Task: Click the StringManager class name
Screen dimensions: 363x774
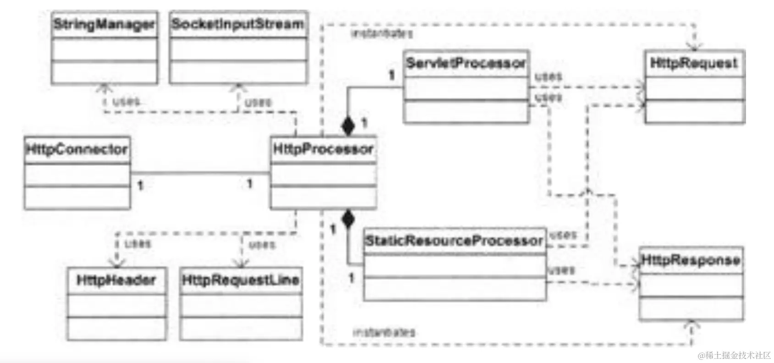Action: pos(104,24)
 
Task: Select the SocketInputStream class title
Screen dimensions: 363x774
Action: pos(238,24)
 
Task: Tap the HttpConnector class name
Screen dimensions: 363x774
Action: pos(77,149)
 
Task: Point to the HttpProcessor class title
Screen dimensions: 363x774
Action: pos(323,149)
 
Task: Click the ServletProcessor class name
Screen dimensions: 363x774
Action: pos(466,63)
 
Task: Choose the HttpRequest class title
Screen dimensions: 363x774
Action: pos(694,63)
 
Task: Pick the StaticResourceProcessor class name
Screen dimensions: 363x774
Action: pos(454,241)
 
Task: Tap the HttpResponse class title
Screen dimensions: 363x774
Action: pos(691,260)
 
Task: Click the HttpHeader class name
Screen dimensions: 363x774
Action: pos(116,280)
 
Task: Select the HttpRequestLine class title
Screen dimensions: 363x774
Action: pos(241,280)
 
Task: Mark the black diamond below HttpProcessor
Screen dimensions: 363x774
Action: pos(348,220)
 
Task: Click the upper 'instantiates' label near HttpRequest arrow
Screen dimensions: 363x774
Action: pos(382,33)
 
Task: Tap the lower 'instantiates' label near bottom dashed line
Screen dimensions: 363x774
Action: pos(384,332)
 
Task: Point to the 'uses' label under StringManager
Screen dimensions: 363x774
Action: pos(126,101)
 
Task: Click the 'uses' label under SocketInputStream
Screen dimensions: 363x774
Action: pos(258,102)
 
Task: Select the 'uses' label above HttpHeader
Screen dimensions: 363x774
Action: pos(138,243)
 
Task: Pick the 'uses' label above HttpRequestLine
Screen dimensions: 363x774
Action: pos(262,244)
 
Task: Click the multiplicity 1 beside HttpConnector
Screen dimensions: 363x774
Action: pos(141,185)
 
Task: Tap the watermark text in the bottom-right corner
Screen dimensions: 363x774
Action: pos(734,355)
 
